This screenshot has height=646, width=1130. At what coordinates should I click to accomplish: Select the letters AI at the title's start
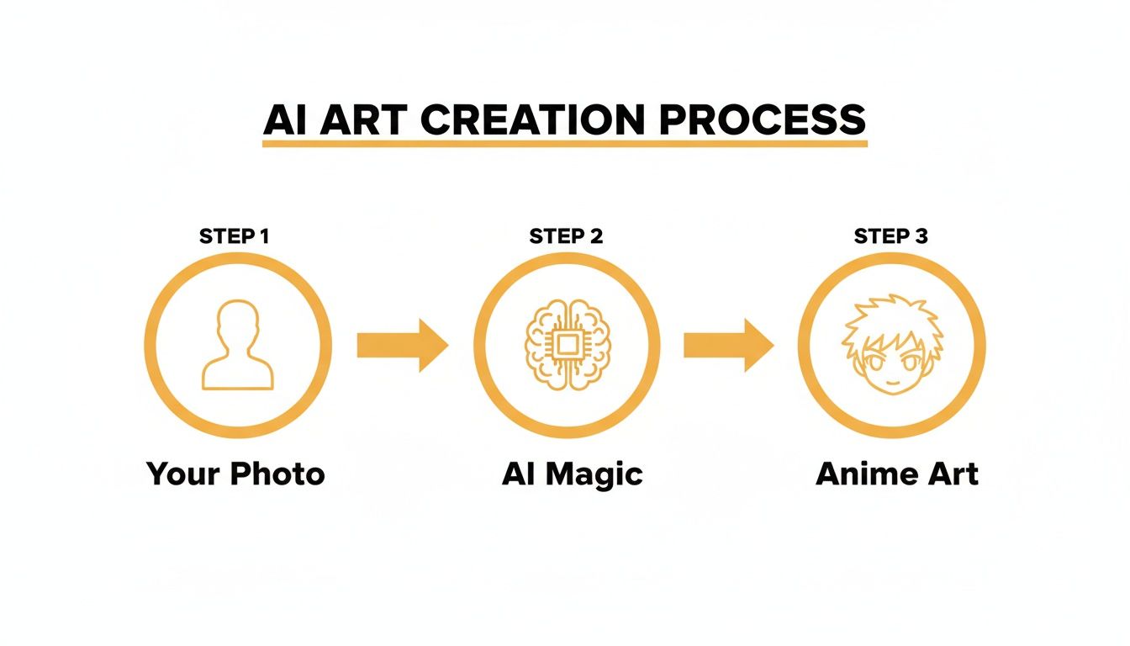point(283,119)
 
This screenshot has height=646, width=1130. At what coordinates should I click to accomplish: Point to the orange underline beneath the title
point(564,144)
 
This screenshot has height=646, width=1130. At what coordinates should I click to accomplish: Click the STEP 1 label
point(234,236)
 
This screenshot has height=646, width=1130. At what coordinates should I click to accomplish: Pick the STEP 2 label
point(566,236)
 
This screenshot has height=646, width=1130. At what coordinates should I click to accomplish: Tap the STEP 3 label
point(890,236)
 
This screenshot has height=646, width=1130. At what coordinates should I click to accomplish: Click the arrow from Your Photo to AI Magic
point(402,345)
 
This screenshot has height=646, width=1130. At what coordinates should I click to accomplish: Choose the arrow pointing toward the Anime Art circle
point(728,345)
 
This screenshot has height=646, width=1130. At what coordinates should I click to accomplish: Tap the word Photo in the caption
point(279,474)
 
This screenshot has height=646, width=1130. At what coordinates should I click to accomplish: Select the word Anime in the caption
point(864,474)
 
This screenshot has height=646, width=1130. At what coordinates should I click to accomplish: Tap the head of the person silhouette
point(238,324)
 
